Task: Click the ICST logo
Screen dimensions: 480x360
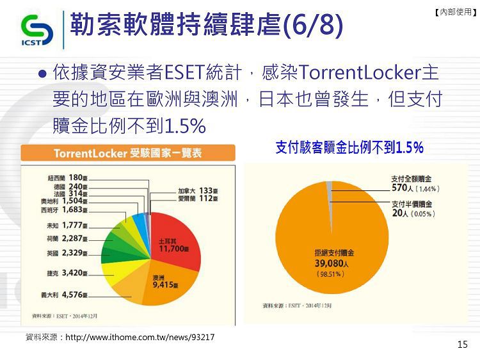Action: (x=37, y=30)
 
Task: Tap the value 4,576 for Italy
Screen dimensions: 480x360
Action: (x=72, y=295)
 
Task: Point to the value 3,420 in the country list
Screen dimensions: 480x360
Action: (x=72, y=273)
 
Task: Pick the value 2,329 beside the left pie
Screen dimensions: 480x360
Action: (x=72, y=253)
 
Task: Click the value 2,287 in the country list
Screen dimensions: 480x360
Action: (x=72, y=238)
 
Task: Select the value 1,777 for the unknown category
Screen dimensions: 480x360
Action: (x=72, y=225)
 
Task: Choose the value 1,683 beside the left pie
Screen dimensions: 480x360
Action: (x=72, y=209)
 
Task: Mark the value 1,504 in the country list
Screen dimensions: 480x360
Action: (x=72, y=200)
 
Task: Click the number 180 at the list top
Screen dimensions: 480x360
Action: (x=76, y=177)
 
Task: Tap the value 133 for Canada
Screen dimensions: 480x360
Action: (x=205, y=191)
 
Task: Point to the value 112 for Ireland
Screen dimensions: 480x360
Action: (x=205, y=199)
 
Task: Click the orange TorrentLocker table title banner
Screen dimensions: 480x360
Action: (x=128, y=152)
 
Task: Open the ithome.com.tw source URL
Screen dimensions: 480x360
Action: (x=140, y=338)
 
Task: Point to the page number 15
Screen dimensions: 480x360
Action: (x=463, y=345)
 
